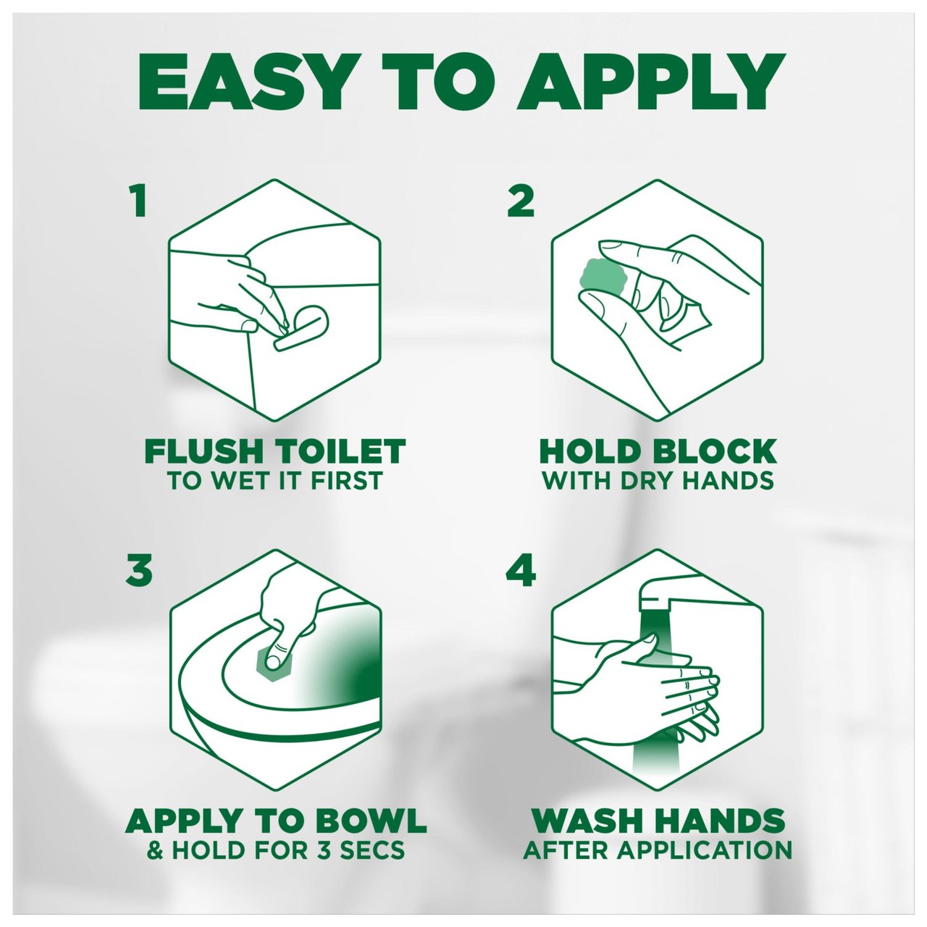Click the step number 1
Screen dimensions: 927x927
click(138, 201)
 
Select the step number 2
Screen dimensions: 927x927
click(521, 201)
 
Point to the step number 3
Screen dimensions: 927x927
click(139, 570)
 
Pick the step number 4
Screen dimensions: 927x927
click(521, 570)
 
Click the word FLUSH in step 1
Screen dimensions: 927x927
click(204, 451)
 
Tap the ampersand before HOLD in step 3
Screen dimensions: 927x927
click(155, 850)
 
